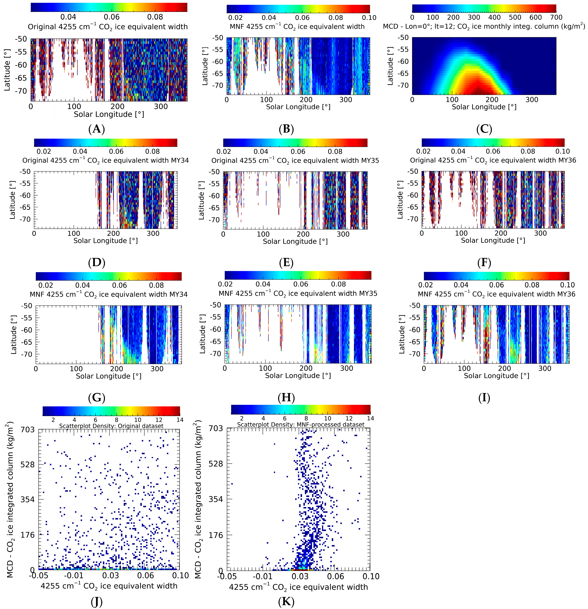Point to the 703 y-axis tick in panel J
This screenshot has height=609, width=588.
[x=28, y=430]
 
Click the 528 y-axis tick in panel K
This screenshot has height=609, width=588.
[x=216, y=464]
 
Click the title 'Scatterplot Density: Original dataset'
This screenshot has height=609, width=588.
[x=111, y=426]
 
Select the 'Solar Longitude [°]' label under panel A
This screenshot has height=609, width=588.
[x=109, y=114]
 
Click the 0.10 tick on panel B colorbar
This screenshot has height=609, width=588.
[x=369, y=18]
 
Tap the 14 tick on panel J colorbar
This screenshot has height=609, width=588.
[x=180, y=420]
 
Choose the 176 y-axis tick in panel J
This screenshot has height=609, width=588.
[x=28, y=535]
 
